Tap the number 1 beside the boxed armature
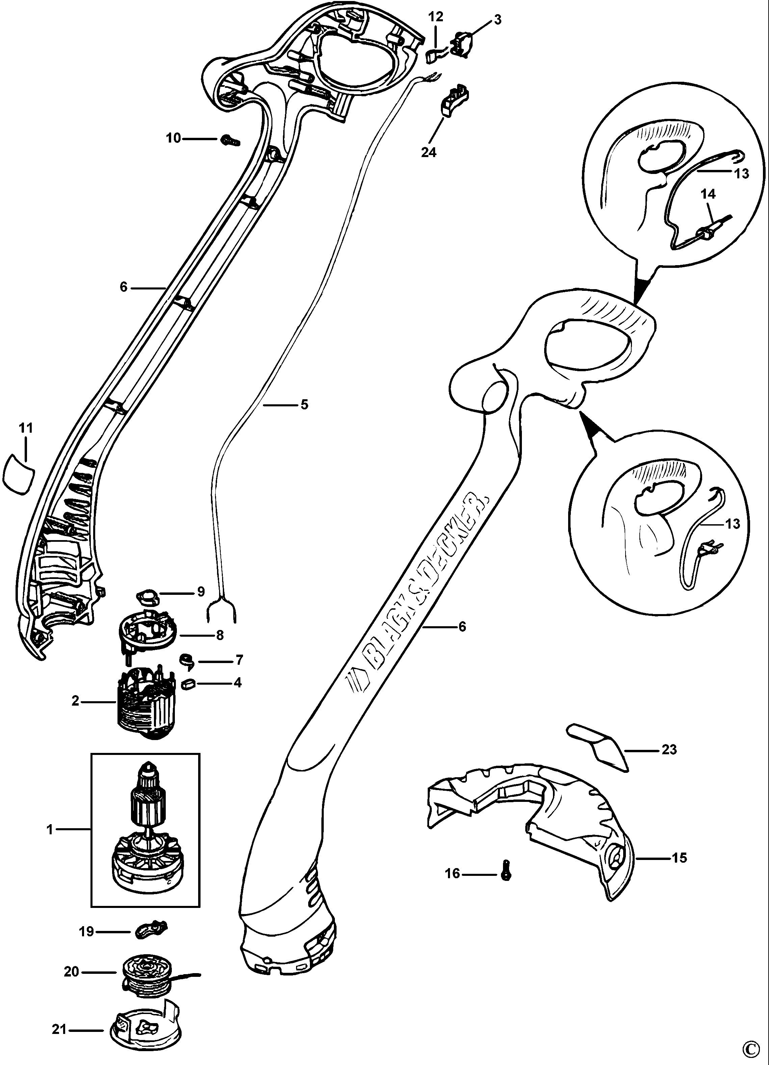point(50,830)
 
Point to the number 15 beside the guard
point(679,858)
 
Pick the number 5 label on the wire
point(304,404)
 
